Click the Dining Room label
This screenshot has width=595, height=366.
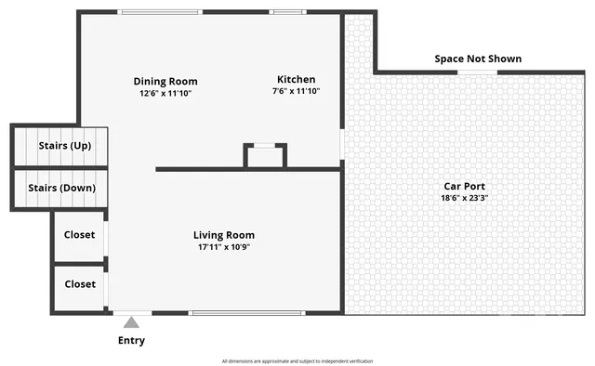coord(165,81)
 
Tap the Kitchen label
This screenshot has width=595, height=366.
coord(296,79)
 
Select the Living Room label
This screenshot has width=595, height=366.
coord(224,235)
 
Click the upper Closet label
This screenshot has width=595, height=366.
coord(79,235)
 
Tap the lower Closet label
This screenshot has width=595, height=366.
coord(79,284)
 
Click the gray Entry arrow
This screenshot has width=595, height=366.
coord(132,322)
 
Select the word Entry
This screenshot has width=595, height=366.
coord(132,341)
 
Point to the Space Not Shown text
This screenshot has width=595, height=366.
coord(478,59)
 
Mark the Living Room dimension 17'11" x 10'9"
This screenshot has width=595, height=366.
coord(224,247)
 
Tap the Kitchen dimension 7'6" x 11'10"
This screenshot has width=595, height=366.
coord(296,91)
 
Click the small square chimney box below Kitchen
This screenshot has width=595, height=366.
coord(265,156)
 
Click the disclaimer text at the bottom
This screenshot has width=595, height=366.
coord(297,360)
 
